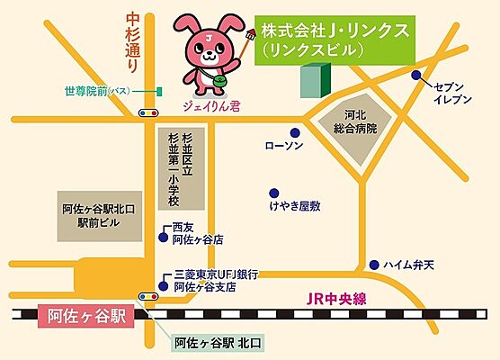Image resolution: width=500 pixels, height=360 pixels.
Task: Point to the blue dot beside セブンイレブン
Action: tap(416, 76)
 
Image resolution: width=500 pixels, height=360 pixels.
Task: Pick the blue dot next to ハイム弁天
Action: tap(373, 265)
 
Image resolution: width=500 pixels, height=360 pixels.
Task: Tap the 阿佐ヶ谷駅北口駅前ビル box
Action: tap(99, 214)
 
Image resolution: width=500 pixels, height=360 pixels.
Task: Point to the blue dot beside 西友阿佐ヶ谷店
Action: tap(163, 238)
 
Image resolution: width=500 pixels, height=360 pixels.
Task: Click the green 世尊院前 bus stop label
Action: tap(96, 92)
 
